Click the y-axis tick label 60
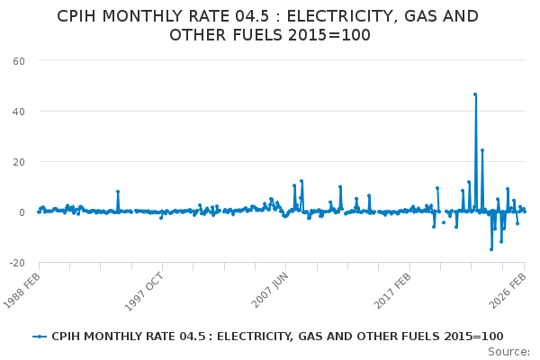pyautogui.click(x=17, y=60)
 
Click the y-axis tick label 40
pyautogui.click(x=17, y=112)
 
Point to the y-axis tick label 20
pyautogui.click(x=17, y=162)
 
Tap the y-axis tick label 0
pyautogui.click(x=20, y=212)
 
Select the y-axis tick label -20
pyautogui.click(x=15, y=263)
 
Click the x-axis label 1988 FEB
pyautogui.click(x=22, y=290)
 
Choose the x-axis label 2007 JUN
pyautogui.click(x=268, y=290)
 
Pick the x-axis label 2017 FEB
pyautogui.click(x=392, y=290)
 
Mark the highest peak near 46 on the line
pyautogui.click(x=475, y=94)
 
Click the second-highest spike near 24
pyautogui.click(x=482, y=150)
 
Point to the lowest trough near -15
pyautogui.click(x=491, y=249)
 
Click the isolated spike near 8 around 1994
pyautogui.click(x=118, y=192)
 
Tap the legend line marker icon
pyautogui.click(x=40, y=336)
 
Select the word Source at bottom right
pyautogui.click(x=509, y=352)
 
